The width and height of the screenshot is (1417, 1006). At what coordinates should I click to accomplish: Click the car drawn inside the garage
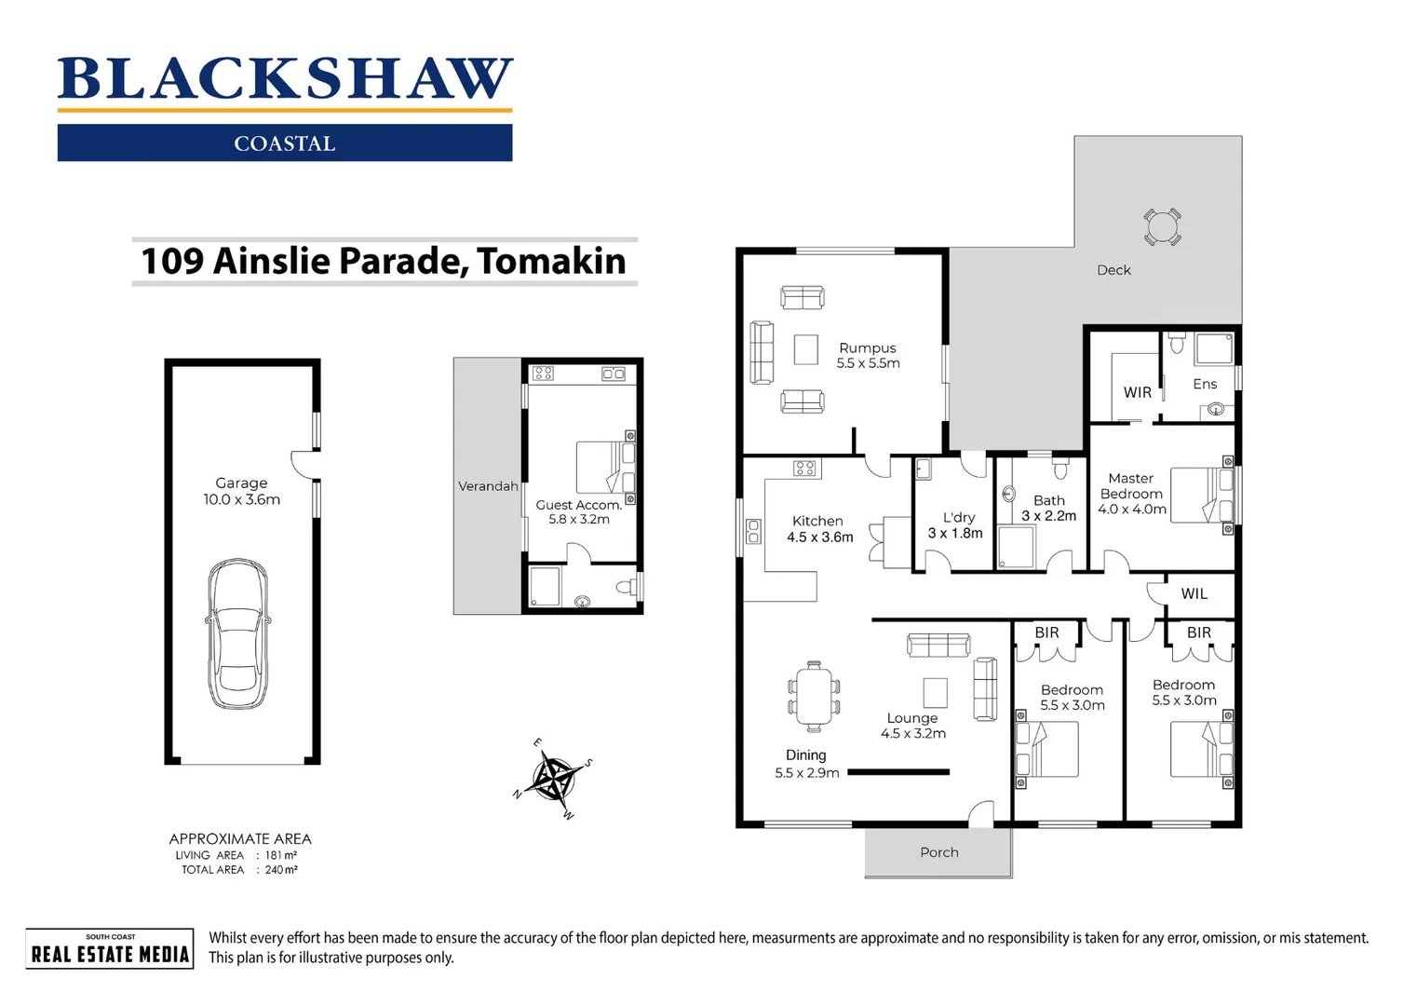237,633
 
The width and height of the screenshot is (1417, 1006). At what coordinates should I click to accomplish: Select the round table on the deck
1162,227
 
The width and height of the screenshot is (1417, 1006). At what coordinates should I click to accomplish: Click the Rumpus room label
867,347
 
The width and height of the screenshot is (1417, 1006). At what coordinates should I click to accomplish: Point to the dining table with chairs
814,697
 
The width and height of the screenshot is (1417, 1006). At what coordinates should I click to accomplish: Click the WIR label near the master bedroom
1137,392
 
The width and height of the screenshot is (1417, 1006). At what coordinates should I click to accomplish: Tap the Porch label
938,852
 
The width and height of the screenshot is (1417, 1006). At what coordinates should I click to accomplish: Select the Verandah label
487,486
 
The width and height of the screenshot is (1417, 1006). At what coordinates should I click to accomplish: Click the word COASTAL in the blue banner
284,143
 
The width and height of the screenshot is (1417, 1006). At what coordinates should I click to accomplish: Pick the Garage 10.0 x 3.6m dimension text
241,499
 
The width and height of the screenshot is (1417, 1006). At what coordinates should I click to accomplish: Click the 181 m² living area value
280,855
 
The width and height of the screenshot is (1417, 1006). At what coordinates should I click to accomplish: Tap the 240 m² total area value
280,870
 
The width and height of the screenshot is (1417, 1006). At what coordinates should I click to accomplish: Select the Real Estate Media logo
110,949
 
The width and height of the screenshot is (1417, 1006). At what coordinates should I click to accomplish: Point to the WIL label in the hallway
1194,593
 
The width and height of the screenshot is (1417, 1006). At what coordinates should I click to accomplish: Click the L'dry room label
958,517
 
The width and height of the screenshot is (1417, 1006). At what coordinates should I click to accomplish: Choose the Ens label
1204,384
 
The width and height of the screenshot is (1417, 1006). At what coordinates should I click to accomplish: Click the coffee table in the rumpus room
805,349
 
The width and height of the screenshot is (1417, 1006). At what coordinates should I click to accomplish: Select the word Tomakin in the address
551,261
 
